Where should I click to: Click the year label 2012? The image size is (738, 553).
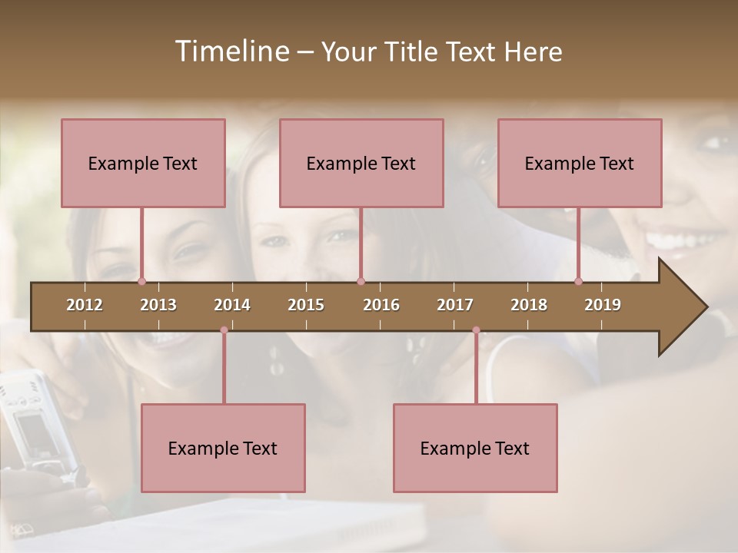pos(85,305)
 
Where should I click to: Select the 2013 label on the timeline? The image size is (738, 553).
pos(158,305)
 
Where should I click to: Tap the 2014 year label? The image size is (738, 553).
pos(232,305)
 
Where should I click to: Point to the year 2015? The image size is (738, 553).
pos(306,305)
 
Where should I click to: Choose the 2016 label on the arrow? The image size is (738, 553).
pos(381,305)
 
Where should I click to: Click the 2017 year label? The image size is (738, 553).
pos(455,305)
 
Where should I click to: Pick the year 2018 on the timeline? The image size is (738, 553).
pos(529,305)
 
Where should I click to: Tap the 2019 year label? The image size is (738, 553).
pos(603,305)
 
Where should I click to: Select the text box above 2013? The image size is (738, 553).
pos(143,163)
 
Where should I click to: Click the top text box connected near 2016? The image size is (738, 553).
pos(361,163)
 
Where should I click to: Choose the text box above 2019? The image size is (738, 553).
pos(580,163)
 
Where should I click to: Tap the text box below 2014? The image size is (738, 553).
pos(223,448)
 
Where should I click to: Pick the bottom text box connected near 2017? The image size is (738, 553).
pos(475,448)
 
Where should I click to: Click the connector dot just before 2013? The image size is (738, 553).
pos(141,281)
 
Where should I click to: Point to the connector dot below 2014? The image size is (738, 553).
pos(224,330)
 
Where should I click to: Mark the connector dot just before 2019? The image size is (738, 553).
pos(578,281)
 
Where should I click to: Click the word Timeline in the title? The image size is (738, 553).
pos(231,51)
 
